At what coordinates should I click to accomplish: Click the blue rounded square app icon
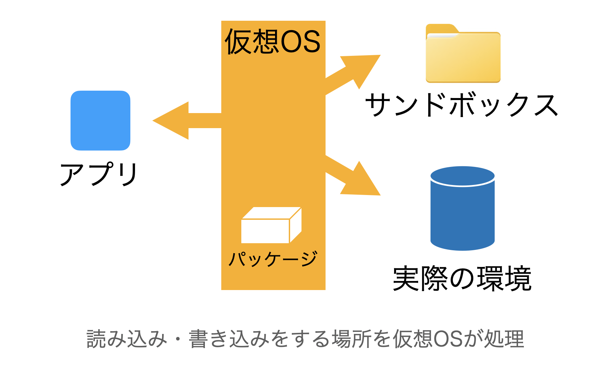[100, 120]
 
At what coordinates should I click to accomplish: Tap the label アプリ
[99, 174]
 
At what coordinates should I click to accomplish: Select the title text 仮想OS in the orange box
[273, 42]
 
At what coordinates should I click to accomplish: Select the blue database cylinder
[462, 214]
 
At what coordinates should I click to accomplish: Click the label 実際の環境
[462, 278]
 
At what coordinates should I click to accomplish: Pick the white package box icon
[271, 226]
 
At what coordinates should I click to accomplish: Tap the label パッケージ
[273, 259]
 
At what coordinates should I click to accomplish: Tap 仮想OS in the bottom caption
[428, 339]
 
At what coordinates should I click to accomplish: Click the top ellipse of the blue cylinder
[462, 175]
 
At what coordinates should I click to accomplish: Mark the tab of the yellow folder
[441, 28]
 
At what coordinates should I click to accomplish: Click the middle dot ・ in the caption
[178, 339]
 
